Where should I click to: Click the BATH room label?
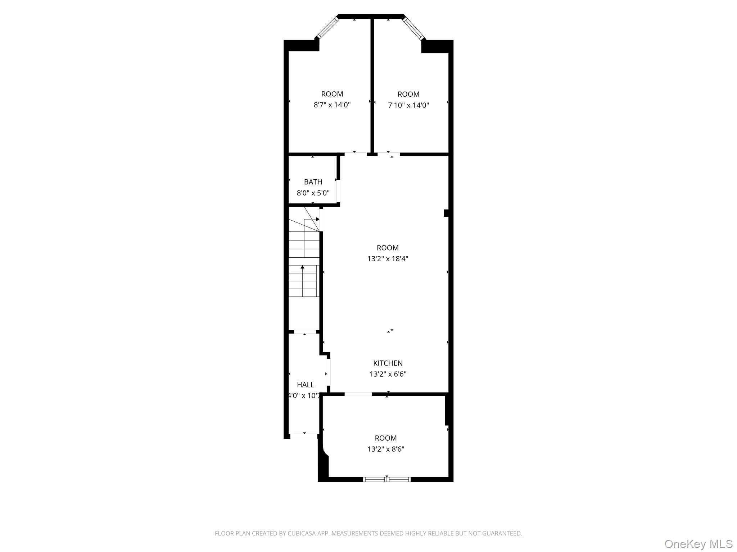[313, 182]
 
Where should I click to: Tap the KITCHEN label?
[388, 363]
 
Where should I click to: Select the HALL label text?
[305, 385]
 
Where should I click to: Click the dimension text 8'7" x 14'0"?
[332, 105]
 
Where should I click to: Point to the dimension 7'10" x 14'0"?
[408, 105]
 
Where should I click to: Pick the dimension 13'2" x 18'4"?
[388, 259]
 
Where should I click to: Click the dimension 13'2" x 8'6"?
[386, 449]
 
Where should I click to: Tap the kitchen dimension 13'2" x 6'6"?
[388, 374]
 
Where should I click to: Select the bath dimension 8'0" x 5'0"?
[313, 193]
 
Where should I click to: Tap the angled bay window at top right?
[414, 28]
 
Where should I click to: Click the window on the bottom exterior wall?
[386, 479]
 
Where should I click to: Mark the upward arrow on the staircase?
[302, 267]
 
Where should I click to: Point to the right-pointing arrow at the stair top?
[317, 219]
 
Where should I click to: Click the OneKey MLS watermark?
[698, 544]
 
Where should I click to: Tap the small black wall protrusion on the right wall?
[446, 213]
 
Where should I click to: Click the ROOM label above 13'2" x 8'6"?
[386, 438]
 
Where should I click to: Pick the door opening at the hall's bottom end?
[304, 436]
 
